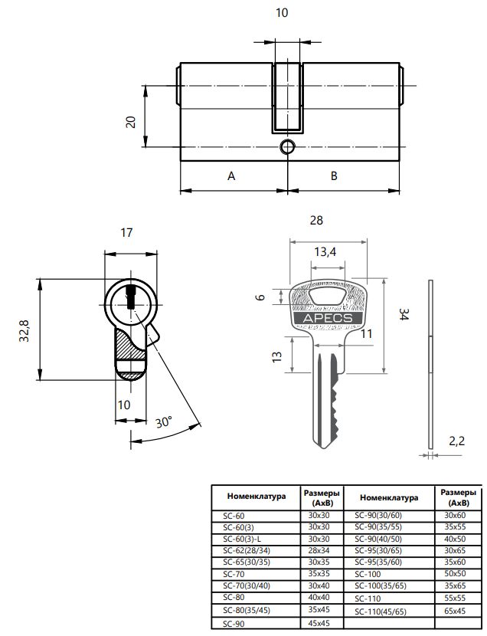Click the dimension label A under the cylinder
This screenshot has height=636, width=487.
(x=231, y=175)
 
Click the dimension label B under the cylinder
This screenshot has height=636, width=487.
(x=334, y=175)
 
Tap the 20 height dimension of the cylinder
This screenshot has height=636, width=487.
(x=131, y=121)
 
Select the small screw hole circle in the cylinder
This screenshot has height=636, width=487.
(x=287, y=146)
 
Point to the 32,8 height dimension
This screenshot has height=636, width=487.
(x=25, y=329)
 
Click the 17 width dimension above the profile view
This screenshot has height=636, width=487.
(x=128, y=232)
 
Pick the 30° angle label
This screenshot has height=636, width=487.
(x=163, y=422)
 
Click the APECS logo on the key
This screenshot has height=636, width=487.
(x=327, y=317)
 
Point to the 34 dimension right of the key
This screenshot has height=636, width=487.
(x=404, y=313)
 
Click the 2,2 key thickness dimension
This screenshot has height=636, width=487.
(x=456, y=441)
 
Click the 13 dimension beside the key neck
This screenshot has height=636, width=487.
(x=276, y=356)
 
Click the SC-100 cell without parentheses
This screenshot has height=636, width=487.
(x=369, y=573)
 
